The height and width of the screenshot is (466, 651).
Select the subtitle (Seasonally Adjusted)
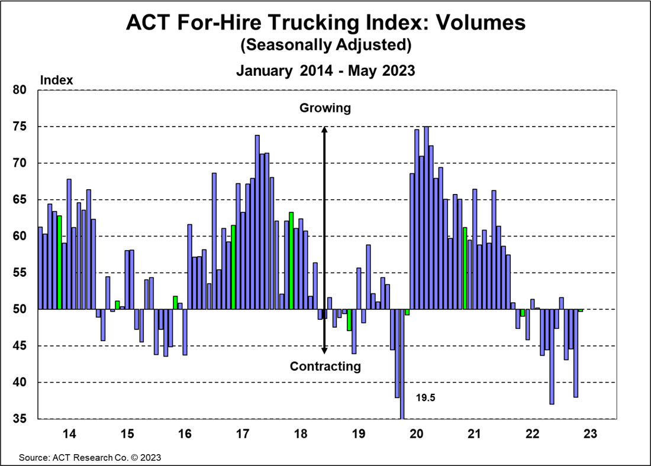[x=325, y=44]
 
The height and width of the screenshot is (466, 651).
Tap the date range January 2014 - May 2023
[x=325, y=70]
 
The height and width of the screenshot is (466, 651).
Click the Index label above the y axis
[x=56, y=80]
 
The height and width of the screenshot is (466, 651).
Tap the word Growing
[x=325, y=108]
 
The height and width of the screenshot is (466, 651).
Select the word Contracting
[x=325, y=367]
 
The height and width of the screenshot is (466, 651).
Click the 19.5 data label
[x=426, y=398]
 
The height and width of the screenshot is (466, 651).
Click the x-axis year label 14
[x=69, y=434]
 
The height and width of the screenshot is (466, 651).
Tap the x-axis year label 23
[x=590, y=434]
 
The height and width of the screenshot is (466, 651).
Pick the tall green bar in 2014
[x=59, y=263]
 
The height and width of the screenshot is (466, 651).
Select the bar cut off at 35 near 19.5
[x=402, y=364]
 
